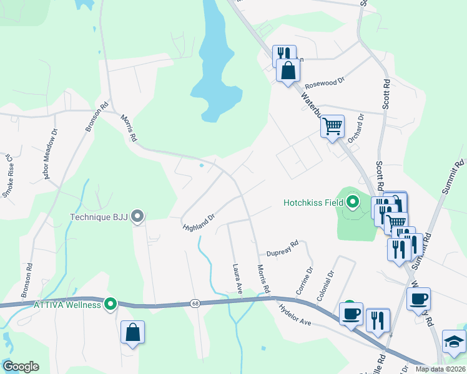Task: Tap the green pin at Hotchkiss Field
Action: [x=353, y=202]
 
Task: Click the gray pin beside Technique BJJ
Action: [x=138, y=216]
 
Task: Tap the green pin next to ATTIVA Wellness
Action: [x=111, y=304]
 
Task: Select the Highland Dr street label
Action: [x=199, y=222]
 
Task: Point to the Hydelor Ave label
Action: [x=295, y=315]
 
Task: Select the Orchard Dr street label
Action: [x=355, y=128]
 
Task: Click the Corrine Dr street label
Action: [x=307, y=281]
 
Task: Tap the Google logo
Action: [x=21, y=367]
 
